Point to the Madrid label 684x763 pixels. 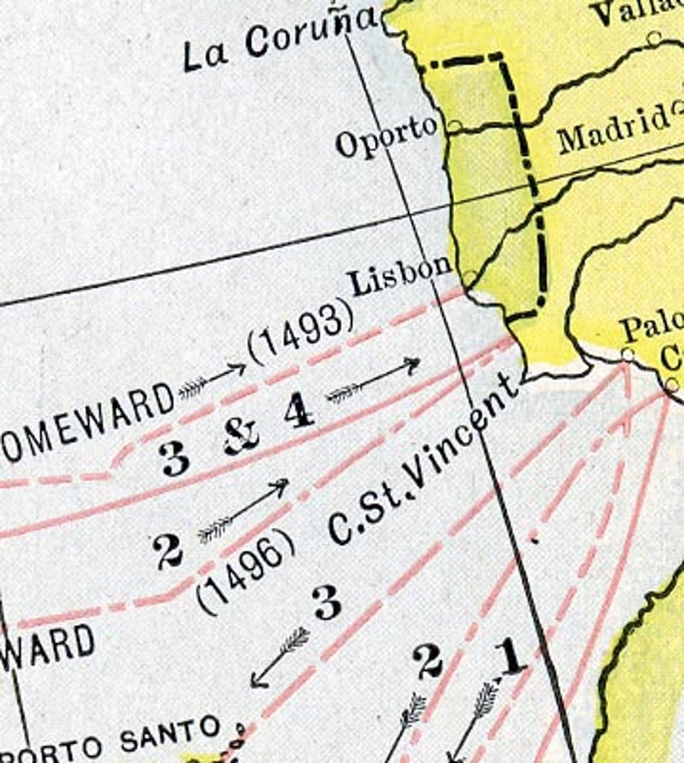(x=614, y=128)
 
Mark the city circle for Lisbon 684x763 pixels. (x=469, y=278)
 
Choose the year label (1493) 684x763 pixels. (x=301, y=331)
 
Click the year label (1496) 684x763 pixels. (x=246, y=570)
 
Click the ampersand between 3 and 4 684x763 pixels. (x=242, y=439)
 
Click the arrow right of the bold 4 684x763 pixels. (x=373, y=380)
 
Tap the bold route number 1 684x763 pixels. (x=511, y=658)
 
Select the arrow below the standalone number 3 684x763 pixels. (x=280, y=657)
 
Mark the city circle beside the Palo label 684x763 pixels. (x=627, y=353)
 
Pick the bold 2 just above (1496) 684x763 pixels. (x=167, y=550)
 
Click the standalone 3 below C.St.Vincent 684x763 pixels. (x=326, y=604)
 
